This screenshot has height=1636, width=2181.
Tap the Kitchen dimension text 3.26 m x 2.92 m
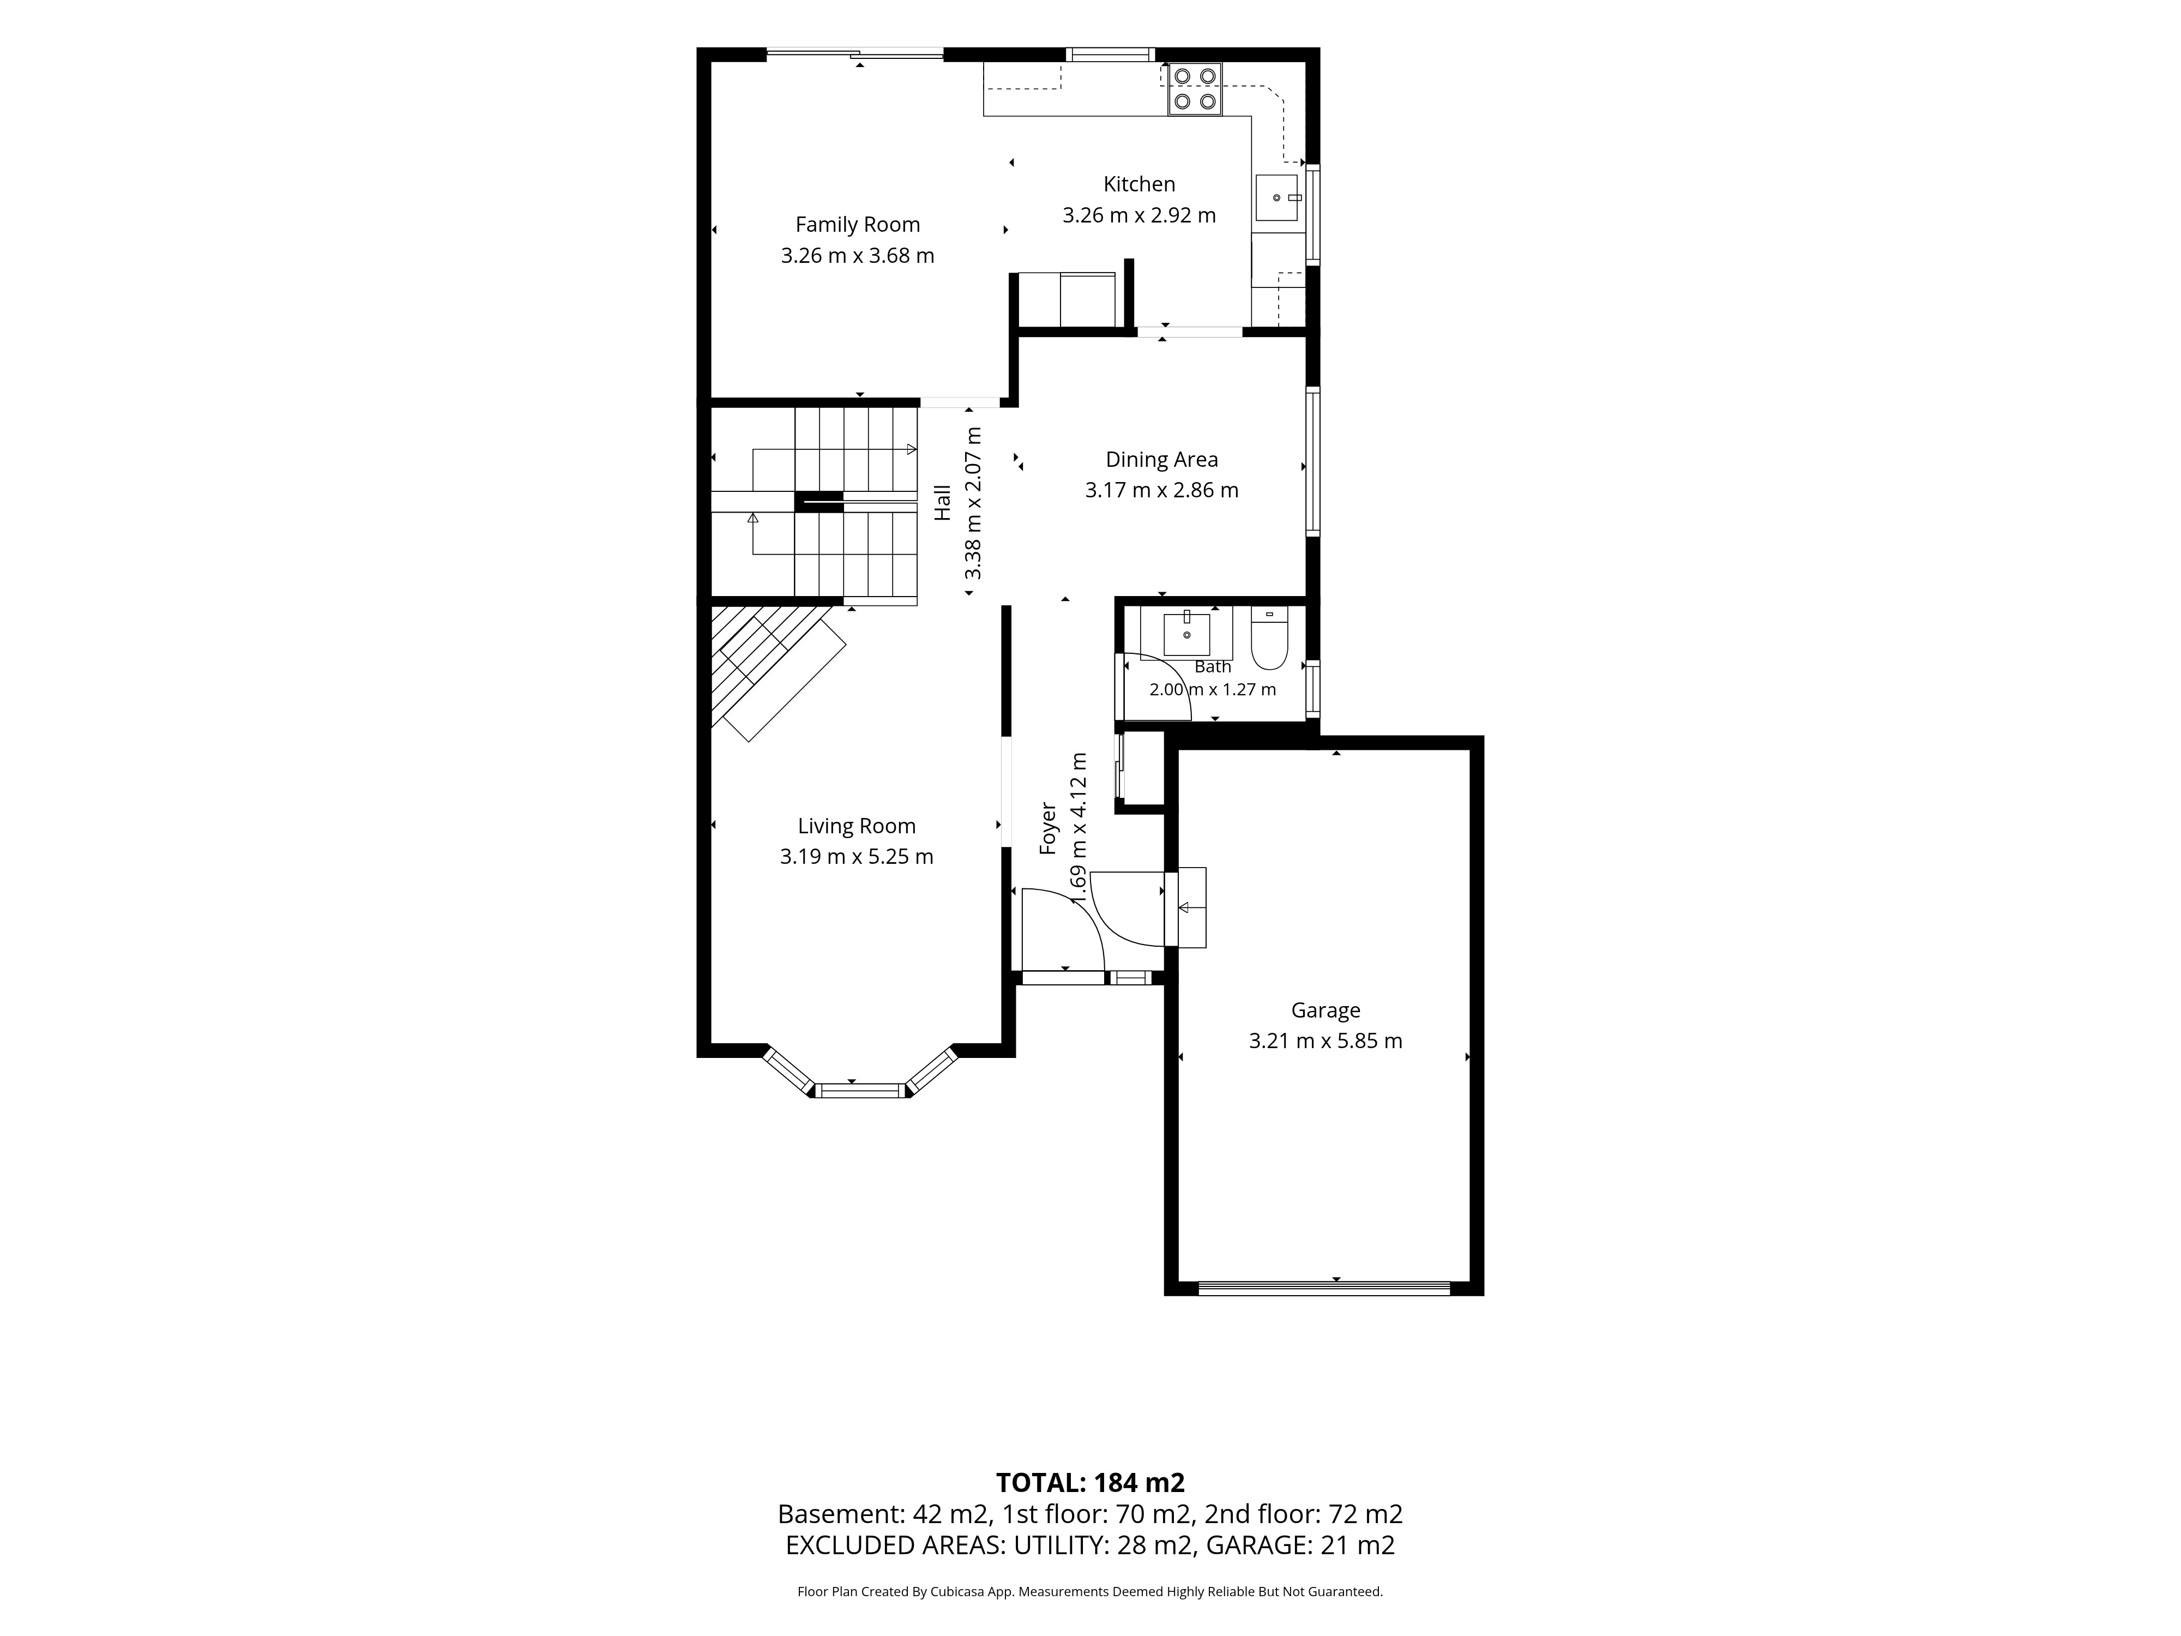pos(1139,215)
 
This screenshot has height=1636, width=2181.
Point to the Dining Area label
pos(1161,460)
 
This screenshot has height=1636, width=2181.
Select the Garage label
pos(1325,1011)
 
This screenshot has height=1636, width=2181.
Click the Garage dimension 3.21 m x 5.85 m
pos(1325,1040)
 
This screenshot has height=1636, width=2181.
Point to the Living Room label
pos(857,826)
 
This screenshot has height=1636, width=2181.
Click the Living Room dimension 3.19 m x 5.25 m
pos(857,856)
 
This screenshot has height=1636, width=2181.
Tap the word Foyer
pos(1048,828)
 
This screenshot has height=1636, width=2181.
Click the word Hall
pos(943,502)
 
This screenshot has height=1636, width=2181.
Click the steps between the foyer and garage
pos(1185,907)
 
